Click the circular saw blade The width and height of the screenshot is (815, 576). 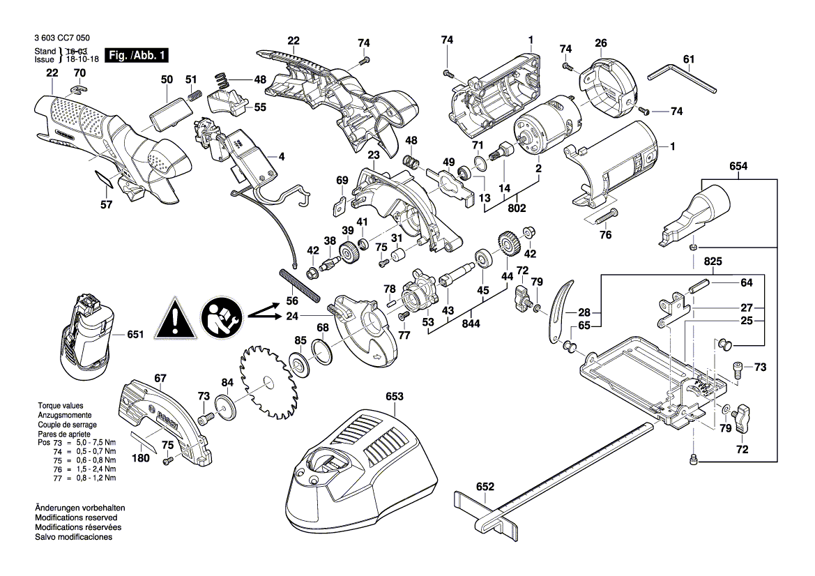(268, 382)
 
